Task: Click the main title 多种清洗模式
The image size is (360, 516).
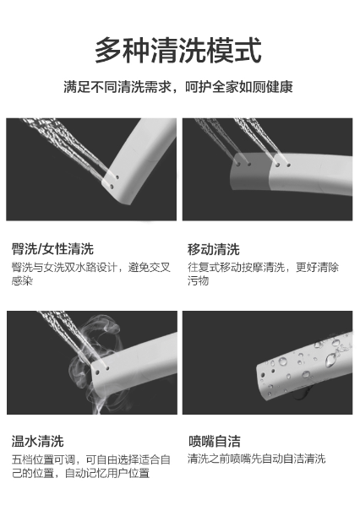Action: [x=178, y=50]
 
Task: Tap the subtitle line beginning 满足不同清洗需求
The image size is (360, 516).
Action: [x=178, y=87]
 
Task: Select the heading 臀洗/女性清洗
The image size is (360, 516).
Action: [x=52, y=249]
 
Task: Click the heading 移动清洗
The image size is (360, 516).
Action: [x=214, y=249]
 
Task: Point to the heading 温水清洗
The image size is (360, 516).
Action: [x=37, y=441]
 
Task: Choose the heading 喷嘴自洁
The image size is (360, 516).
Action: [x=215, y=441]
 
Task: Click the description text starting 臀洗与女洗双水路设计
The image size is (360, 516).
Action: [x=91, y=274]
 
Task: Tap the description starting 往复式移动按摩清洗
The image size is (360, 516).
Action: [x=263, y=274]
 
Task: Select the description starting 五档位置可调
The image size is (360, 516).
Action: [x=91, y=466]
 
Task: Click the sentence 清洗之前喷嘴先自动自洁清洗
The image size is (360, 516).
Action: [x=257, y=459]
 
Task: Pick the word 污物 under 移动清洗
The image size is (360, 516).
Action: [x=198, y=280]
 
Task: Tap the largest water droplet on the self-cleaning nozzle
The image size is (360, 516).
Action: [x=330, y=360]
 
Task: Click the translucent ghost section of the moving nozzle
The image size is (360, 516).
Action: [x=250, y=171]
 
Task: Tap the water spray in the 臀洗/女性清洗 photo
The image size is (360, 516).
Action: [x=66, y=144]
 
